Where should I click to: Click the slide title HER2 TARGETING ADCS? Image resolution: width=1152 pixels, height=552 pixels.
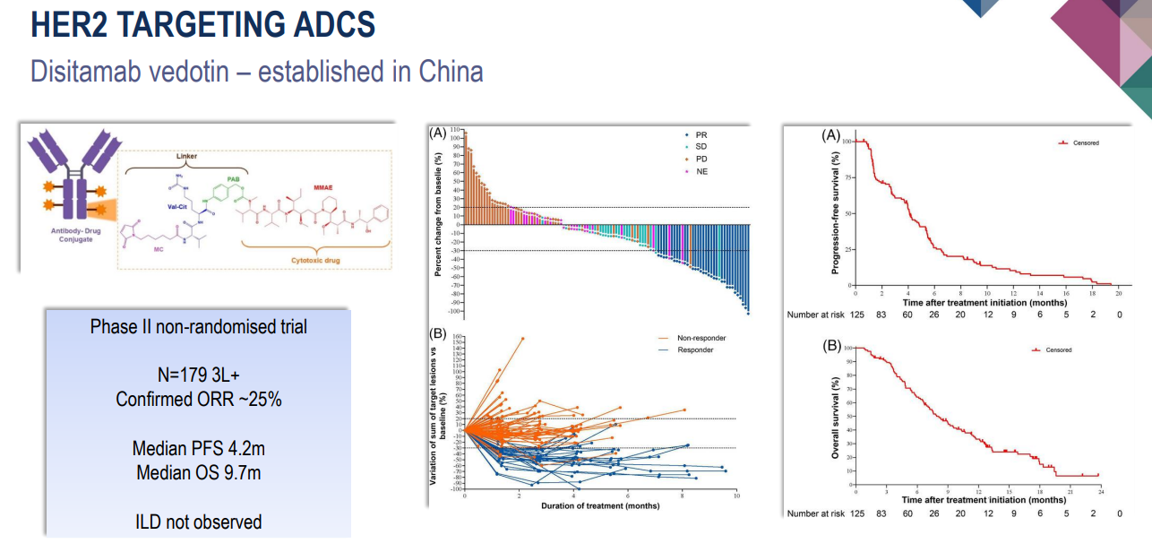click(202, 24)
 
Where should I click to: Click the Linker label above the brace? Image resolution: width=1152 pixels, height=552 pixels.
click(186, 156)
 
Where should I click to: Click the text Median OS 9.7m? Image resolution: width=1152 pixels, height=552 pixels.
click(198, 472)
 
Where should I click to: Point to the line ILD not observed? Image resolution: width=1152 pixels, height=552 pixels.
click(198, 521)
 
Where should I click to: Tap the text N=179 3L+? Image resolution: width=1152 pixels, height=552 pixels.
click(198, 375)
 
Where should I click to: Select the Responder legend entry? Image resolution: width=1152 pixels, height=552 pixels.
click(695, 349)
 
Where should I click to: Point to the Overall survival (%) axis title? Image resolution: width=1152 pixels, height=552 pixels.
click(835, 417)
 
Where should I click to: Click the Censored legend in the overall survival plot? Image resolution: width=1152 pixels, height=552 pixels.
click(1058, 350)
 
